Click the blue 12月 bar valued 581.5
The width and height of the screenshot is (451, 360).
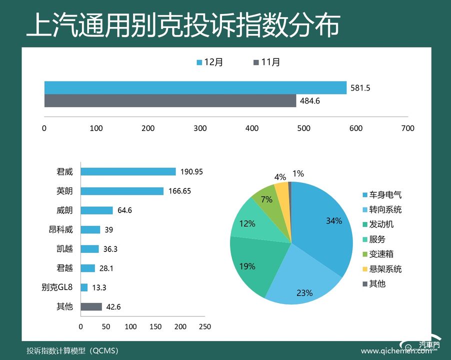click(195, 87)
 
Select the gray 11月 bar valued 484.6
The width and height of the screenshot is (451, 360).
click(170, 100)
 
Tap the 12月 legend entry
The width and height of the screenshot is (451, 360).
click(210, 62)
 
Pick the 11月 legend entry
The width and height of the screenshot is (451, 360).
click(267, 62)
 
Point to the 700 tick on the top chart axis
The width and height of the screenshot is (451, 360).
click(407, 128)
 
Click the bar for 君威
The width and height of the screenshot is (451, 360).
click(128, 171)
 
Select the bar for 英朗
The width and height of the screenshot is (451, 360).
click(122, 191)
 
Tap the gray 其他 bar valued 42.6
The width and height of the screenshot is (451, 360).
click(91, 306)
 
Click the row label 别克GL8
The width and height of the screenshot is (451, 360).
click(57, 287)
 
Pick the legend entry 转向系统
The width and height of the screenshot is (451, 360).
click(385, 209)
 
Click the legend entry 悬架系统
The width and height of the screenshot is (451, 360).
click(385, 269)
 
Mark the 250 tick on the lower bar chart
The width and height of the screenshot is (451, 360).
click(204, 326)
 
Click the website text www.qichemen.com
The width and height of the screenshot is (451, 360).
click(395, 350)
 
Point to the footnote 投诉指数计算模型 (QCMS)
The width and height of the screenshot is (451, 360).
click(72, 350)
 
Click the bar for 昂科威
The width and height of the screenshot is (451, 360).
click(90, 229)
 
